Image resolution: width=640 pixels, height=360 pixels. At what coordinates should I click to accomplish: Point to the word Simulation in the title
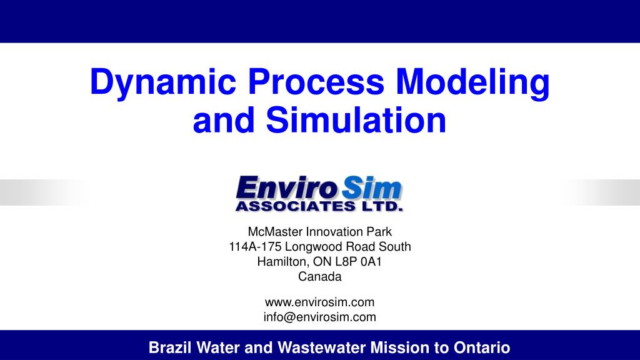[356, 120]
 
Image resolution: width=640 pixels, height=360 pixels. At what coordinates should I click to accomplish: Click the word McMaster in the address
[271, 232]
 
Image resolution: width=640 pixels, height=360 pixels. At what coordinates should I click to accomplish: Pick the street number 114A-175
[254, 247]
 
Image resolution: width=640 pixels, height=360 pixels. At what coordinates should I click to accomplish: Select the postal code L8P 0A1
[359, 262]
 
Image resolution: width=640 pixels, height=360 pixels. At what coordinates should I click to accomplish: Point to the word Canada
[320, 277]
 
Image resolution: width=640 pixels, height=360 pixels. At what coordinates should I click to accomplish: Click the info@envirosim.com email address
[320, 317]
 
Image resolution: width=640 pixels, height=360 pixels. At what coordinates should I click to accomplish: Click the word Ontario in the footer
[485, 347]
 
